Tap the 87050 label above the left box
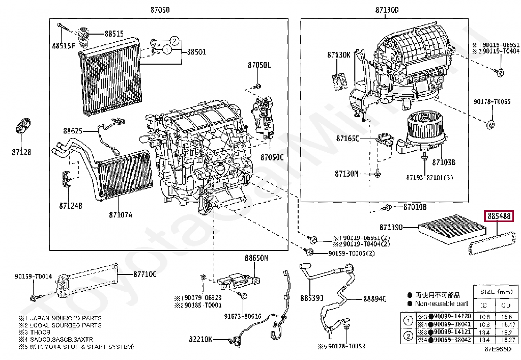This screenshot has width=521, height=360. point(159,10)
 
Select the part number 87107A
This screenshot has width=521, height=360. point(120,214)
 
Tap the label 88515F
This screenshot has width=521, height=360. point(63,46)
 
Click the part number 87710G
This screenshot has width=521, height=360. point(145,274)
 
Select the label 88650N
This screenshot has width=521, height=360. point(256,258)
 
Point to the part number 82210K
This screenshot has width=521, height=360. point(201,339)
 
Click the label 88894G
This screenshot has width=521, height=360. point(375,299)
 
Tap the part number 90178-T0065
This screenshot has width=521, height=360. point(491,102)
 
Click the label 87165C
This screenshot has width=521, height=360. point(347,138)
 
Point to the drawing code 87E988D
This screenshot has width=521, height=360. point(498,349)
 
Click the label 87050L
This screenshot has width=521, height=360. point(259,65)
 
